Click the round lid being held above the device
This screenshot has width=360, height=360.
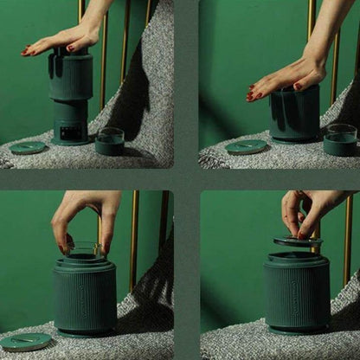coord(298,241)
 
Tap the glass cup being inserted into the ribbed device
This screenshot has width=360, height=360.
coord(83,252)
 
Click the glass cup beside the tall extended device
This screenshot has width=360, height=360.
coord(109,141)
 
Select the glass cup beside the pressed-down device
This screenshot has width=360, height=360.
coord(340,139)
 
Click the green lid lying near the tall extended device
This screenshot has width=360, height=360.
coord(28,148)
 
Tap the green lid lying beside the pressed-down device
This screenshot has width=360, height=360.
coord(246,147)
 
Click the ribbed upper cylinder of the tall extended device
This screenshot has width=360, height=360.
coord(70,78)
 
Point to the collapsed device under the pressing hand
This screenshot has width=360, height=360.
coord(295,115)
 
